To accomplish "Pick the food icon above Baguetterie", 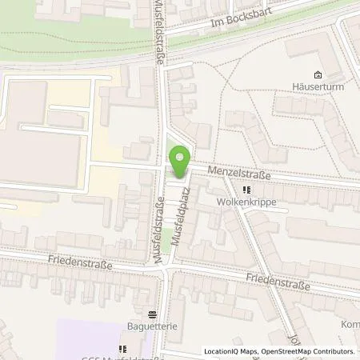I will tap(152, 313).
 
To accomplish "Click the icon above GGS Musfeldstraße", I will tap(122, 348).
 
